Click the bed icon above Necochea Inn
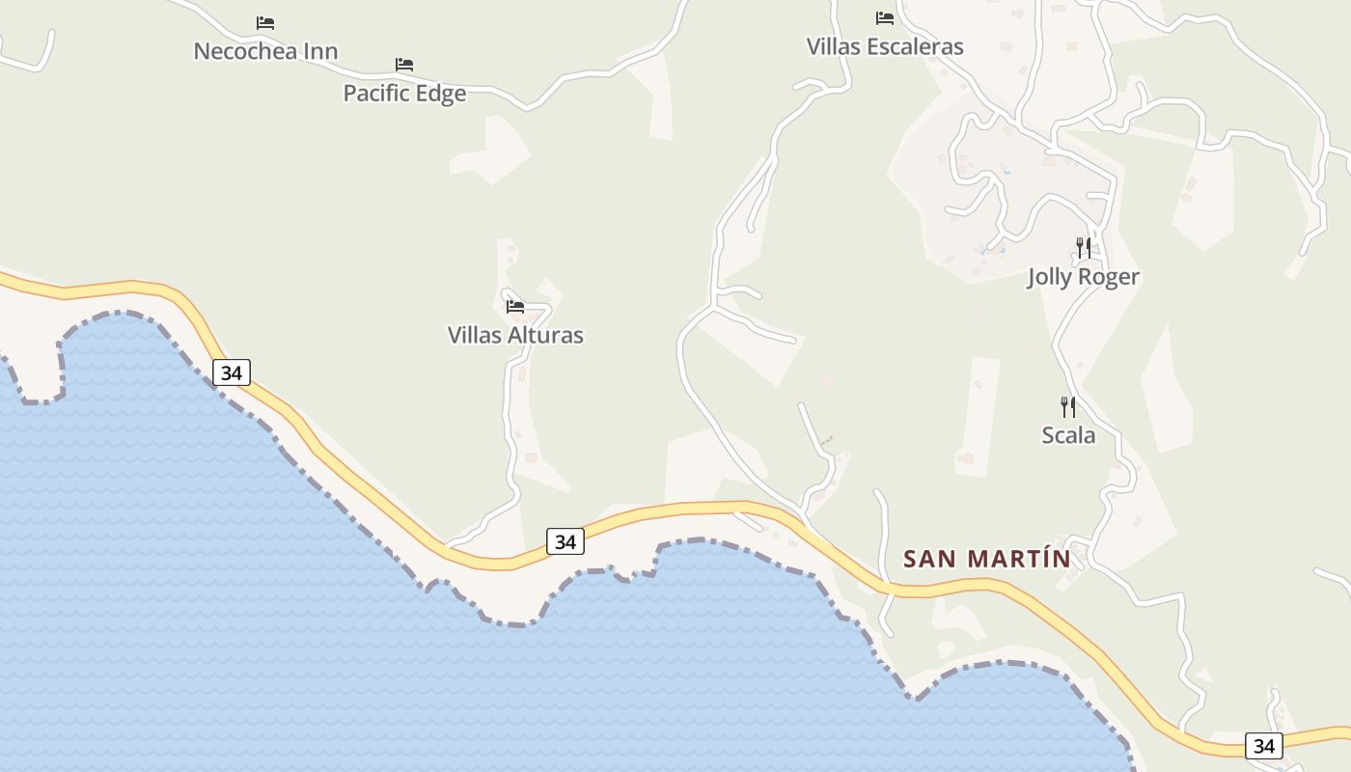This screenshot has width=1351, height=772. click(265, 23)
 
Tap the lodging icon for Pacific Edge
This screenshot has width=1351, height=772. click(404, 65)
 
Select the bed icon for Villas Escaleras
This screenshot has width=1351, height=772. click(885, 18)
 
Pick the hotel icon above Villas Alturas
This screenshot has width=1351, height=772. click(515, 307)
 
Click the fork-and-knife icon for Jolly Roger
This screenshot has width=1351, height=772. click(1084, 248)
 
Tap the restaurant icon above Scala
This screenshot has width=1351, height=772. click(1068, 406)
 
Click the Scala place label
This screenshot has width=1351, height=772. click(1068, 435)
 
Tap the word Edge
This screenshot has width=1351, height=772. click(440, 94)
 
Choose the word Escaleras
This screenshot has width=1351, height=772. click(915, 46)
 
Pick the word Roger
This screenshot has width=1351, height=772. click(1111, 277)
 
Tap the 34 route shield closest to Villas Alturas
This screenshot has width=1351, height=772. click(565, 541)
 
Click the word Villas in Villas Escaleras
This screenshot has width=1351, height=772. click(833, 46)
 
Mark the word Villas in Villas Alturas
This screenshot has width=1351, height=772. click(474, 336)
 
